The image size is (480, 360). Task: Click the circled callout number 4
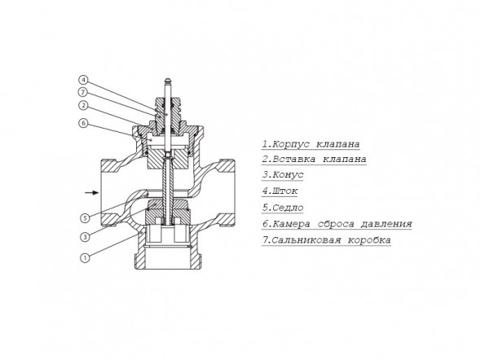coord(83,80)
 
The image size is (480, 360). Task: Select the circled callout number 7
coord(83,92)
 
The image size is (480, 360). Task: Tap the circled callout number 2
coord(83,106)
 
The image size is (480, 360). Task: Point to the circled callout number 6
coord(83,124)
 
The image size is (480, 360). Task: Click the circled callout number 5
coord(85,218)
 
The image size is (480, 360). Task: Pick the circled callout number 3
coord(85,237)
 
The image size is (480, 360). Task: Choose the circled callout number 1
coord(85,258)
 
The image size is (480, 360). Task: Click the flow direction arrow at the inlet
coord(92,192)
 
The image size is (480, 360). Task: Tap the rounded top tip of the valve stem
coord(167,81)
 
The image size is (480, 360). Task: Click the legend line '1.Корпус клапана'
coord(310,143)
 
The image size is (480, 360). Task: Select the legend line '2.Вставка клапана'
coord(314,160)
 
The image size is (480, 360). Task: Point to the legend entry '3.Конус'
coord(283,175)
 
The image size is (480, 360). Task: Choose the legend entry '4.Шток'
coord(280,191)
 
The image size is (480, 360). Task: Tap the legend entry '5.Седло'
coord(283,208)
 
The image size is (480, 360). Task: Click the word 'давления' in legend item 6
coord(386,224)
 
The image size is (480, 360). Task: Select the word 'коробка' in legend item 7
coord(369,239)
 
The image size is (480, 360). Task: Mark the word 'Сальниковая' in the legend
coord(306,239)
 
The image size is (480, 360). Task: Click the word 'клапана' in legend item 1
coord(338,143)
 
